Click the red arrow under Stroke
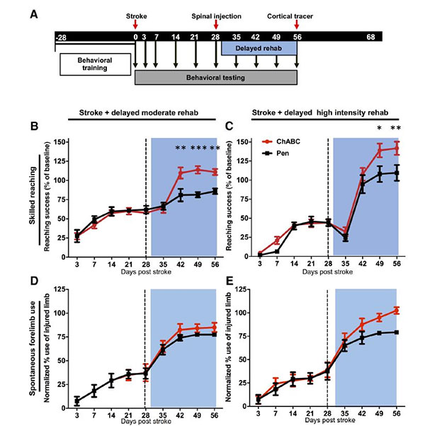(135, 25)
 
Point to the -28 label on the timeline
(62, 36)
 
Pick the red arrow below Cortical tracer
(296, 25)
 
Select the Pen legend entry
(282, 153)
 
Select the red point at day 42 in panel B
(181, 173)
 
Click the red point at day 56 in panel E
(395, 310)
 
